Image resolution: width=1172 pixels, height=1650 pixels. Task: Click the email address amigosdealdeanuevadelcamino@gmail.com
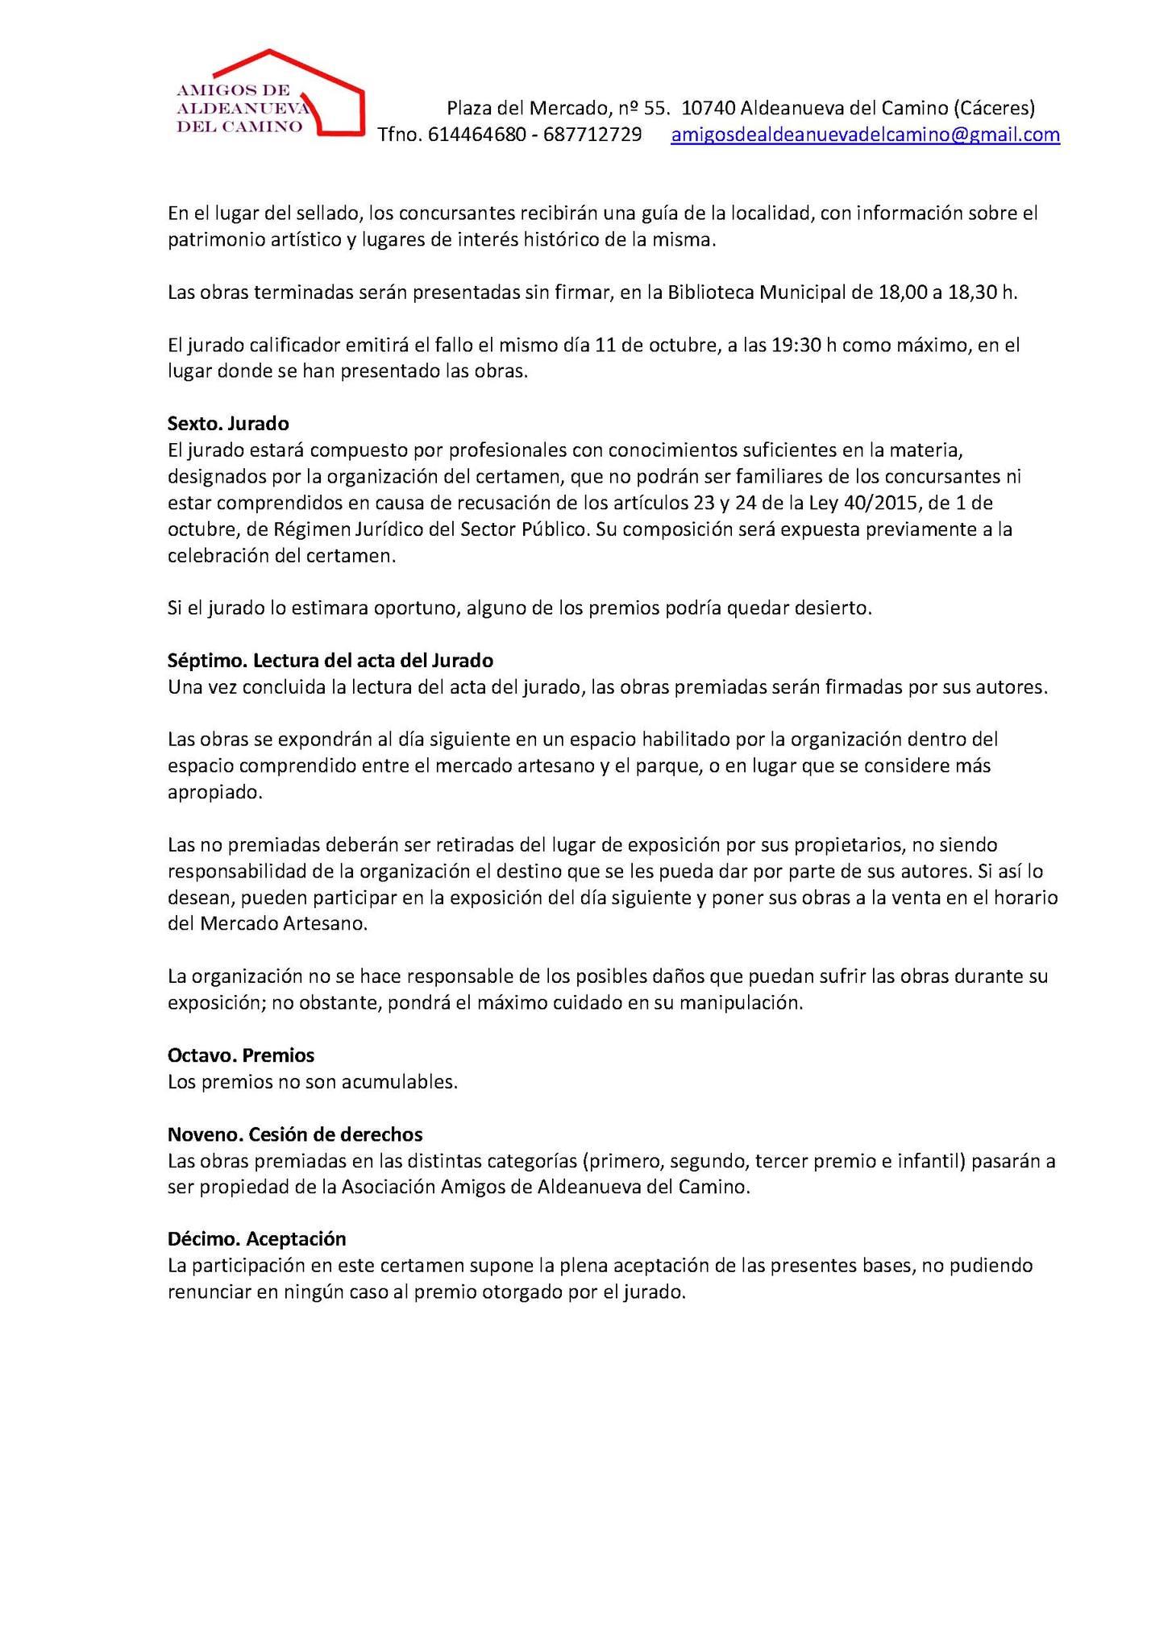click(x=865, y=135)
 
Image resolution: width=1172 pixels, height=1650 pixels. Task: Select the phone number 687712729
click(x=592, y=135)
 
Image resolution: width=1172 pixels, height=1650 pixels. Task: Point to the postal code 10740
click(x=708, y=107)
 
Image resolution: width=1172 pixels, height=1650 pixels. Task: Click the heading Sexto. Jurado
click(x=228, y=422)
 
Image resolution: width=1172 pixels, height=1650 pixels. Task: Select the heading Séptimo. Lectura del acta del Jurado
click(x=330, y=661)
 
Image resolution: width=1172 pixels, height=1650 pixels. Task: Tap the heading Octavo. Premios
click(x=240, y=1055)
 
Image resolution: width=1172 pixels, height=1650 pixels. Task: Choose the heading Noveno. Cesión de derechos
click(x=294, y=1134)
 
